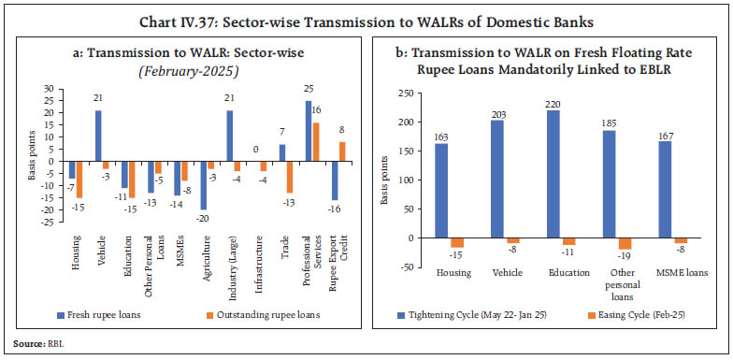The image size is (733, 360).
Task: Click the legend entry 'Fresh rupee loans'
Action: [103, 313]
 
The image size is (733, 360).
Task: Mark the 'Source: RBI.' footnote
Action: [35, 345]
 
